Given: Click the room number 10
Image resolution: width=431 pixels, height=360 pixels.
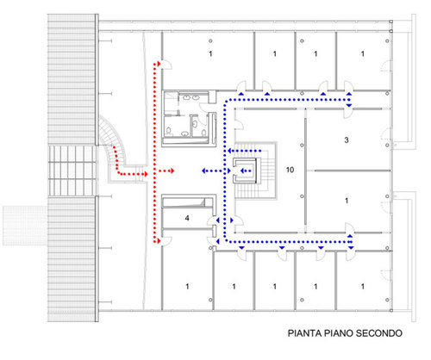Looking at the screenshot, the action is click(x=290, y=170).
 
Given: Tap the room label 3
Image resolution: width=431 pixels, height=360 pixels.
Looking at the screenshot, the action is click(x=347, y=140).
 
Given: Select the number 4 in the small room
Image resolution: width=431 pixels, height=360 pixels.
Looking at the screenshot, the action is click(x=187, y=218).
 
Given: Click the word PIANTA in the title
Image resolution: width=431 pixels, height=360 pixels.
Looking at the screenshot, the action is click(x=305, y=333).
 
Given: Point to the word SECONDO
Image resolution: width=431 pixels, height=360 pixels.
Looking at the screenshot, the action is click(x=379, y=333).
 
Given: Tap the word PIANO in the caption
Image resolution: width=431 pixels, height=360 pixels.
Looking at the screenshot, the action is click(x=339, y=333).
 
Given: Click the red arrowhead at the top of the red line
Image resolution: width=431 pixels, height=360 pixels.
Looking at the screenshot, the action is click(x=159, y=64).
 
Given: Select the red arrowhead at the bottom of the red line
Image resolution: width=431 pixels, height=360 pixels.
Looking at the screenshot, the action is click(x=159, y=241).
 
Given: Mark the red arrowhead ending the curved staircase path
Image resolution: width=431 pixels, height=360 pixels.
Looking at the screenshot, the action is click(x=146, y=174).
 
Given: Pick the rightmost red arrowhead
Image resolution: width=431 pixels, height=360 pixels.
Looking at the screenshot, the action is click(x=172, y=171).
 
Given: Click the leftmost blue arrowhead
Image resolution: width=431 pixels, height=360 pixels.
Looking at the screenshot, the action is click(x=203, y=171).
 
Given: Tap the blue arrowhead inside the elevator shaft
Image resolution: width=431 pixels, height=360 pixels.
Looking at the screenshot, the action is click(x=242, y=171).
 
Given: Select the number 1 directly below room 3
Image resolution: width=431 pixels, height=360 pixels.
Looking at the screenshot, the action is click(x=347, y=201).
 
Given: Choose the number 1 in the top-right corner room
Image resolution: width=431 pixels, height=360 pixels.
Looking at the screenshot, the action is click(x=363, y=53).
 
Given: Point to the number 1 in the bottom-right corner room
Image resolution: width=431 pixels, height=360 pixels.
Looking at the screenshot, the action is click(x=363, y=286).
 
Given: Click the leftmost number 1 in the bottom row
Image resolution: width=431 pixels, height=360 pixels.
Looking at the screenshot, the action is click(x=187, y=286).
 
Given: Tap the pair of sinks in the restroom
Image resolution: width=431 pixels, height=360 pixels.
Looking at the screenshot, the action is click(x=191, y=97).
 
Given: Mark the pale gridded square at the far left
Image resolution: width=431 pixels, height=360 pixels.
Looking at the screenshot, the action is click(x=25, y=226).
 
